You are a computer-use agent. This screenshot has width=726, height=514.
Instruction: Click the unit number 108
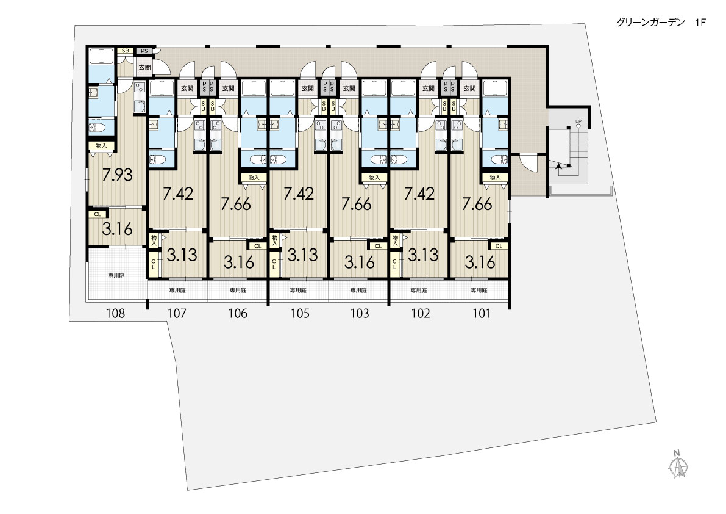(x=115, y=314)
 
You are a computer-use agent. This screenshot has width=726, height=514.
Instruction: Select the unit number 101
(x=481, y=314)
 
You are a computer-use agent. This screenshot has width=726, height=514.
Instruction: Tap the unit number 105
(x=299, y=314)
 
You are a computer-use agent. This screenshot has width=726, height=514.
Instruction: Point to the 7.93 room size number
(x=117, y=175)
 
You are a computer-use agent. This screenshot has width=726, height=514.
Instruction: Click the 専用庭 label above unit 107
(x=177, y=291)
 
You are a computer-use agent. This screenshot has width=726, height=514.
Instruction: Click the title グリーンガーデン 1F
(x=661, y=23)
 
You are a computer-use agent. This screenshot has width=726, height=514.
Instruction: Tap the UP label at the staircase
(x=578, y=122)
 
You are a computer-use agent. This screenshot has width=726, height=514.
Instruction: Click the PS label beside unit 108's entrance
(x=144, y=51)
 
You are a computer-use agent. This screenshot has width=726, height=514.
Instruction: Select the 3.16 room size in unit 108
(x=117, y=229)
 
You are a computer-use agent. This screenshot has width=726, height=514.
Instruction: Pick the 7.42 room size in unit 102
(x=419, y=194)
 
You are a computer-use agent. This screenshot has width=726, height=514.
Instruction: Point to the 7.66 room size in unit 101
(x=477, y=204)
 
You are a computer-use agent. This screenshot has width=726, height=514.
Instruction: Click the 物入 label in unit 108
(x=101, y=145)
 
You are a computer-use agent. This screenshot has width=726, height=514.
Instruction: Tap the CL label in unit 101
(x=498, y=246)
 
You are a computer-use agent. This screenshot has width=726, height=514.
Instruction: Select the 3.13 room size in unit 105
(x=302, y=255)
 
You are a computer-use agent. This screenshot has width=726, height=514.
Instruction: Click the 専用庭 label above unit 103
(x=358, y=291)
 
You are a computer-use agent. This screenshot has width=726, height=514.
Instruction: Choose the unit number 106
(x=238, y=314)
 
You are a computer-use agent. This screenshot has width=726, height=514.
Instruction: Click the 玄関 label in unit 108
(x=144, y=68)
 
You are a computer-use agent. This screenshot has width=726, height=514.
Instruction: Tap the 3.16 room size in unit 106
(x=239, y=262)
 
